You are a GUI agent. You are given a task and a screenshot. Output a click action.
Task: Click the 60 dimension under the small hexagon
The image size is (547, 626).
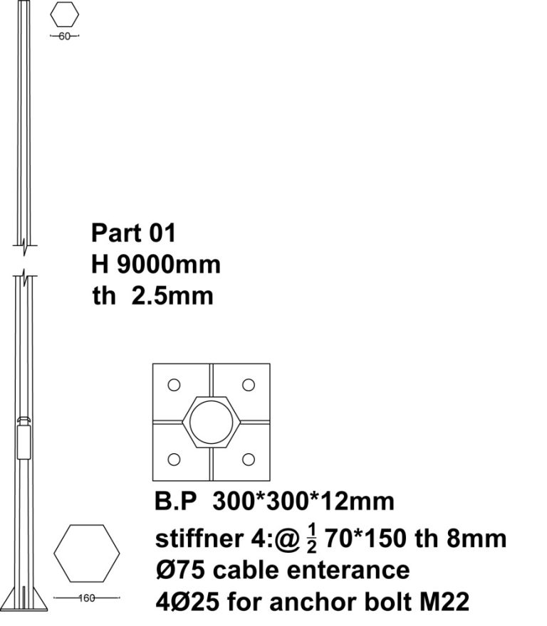point(64,36)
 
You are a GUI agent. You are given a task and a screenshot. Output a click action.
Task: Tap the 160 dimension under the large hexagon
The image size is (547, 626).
point(87,598)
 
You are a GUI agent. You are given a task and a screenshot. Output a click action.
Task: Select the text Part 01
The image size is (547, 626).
point(133,233)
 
